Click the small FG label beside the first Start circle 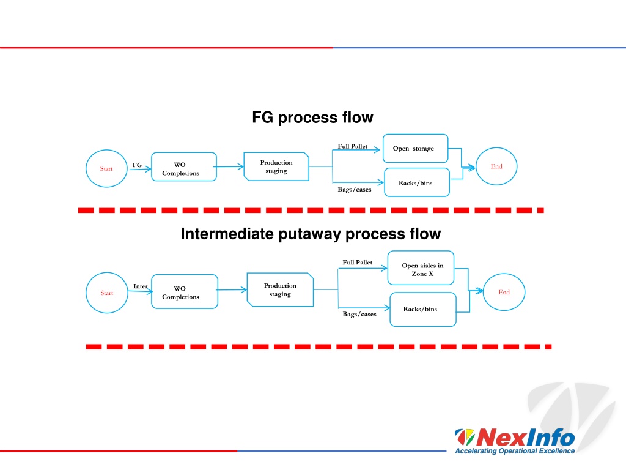[x=137, y=165]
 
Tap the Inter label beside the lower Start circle [x=140, y=286]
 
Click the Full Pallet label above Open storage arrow [x=353, y=146]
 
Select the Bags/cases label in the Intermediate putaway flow [x=359, y=314]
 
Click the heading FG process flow [x=312, y=117]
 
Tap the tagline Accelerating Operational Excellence [x=515, y=451]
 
